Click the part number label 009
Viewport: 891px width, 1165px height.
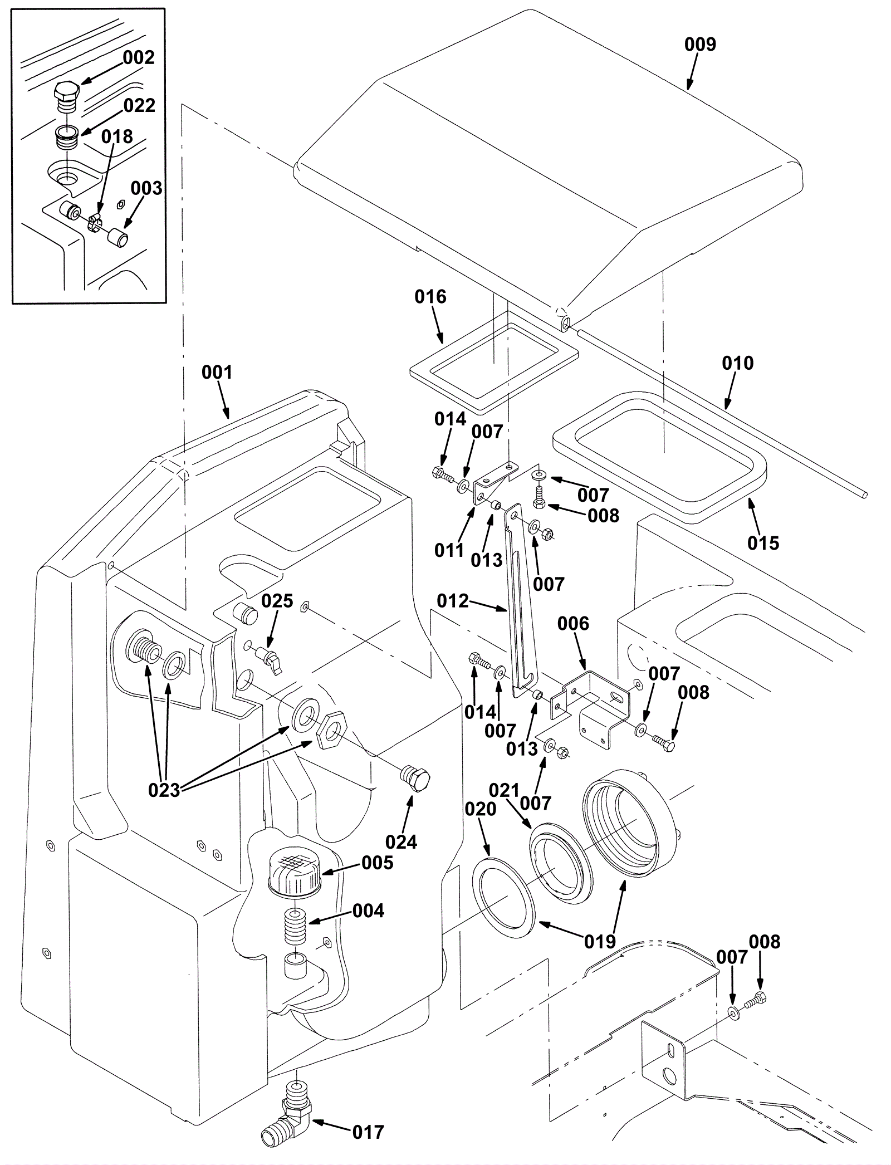click(x=700, y=45)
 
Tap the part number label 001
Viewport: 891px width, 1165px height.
click(x=217, y=373)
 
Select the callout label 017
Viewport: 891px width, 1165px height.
click(x=368, y=1132)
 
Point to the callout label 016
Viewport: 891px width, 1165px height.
click(x=430, y=297)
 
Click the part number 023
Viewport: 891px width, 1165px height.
click(x=164, y=790)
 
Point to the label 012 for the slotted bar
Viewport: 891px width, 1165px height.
click(x=453, y=601)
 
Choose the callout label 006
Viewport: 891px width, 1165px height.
click(x=573, y=624)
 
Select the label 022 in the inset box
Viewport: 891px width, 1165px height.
click(x=139, y=105)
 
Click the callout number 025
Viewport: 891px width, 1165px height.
click(x=277, y=601)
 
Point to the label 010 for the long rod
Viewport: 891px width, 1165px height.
click(x=737, y=363)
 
